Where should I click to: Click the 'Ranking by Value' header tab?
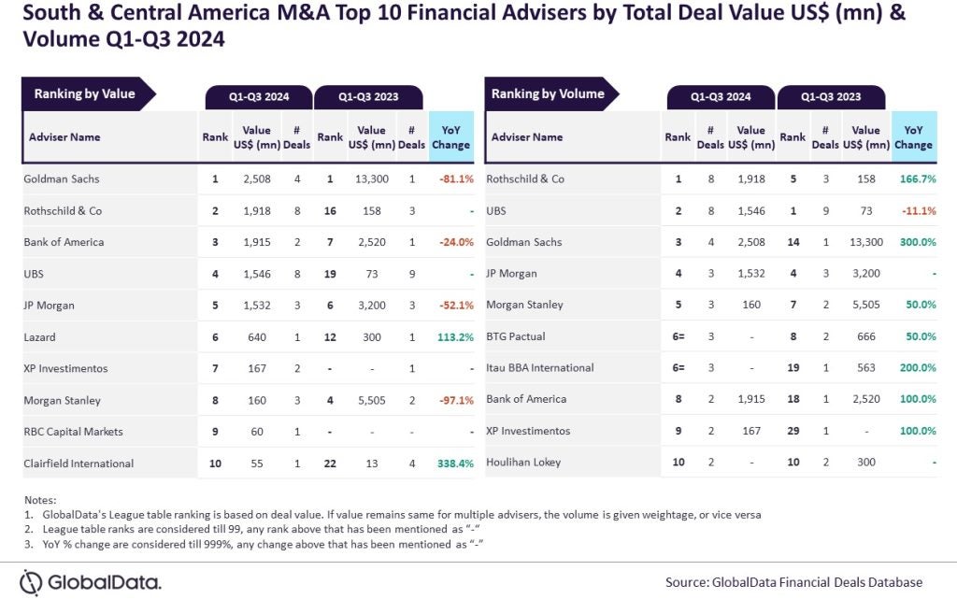tap(85, 93)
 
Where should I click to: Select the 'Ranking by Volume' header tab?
tap(548, 93)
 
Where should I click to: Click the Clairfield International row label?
tap(79, 464)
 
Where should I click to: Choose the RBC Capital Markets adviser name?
tap(73, 432)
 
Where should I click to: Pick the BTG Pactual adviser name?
tap(515, 336)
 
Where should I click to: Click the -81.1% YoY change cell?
tap(454, 178)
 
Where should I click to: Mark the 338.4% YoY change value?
tap(455, 464)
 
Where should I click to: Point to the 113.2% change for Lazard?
tap(455, 337)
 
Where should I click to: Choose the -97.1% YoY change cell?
tap(454, 400)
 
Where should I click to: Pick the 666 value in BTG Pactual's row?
tap(865, 336)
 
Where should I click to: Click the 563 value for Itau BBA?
tap(865, 368)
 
